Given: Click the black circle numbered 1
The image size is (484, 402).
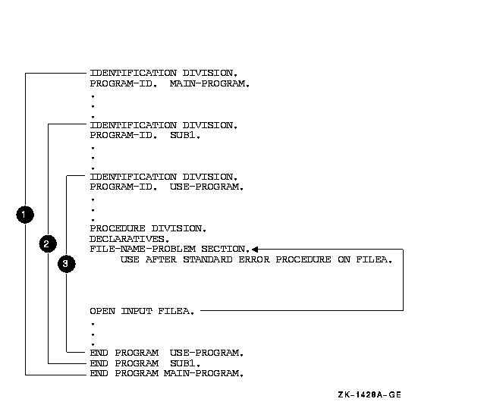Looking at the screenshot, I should (25, 215).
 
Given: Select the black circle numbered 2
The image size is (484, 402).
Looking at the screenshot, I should (47, 243).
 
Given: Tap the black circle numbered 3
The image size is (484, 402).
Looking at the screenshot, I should (67, 263).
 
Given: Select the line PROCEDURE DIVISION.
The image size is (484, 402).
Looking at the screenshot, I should (148, 228).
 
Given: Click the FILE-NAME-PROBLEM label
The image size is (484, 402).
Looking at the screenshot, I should (144, 249).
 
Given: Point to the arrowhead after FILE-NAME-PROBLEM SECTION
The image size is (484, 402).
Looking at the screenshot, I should (256, 249).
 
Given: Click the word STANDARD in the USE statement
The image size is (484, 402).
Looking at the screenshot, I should (211, 259).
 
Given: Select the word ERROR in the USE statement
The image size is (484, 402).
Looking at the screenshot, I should (255, 259).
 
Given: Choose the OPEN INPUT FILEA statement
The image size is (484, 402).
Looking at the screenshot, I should (142, 311).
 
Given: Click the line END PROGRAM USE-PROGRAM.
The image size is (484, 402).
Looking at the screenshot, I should (166, 353).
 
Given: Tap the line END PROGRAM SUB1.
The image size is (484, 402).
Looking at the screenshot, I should (145, 363).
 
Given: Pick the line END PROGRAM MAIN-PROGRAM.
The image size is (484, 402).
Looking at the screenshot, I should (166, 373).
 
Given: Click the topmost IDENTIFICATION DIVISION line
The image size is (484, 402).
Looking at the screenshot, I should (163, 73).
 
